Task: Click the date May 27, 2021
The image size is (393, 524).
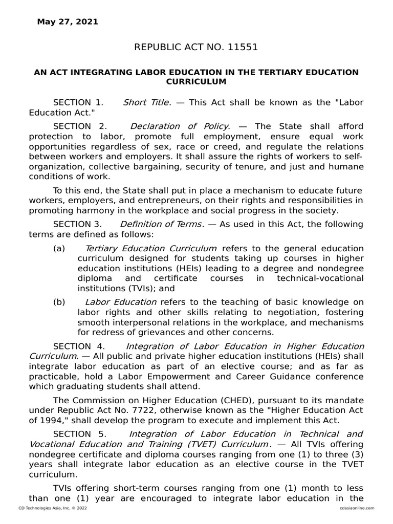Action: pos(68,22)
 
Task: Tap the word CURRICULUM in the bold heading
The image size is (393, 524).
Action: pos(196,81)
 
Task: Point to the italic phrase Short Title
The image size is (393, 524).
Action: pos(145,102)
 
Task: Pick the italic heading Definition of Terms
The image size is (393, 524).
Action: pos(161,224)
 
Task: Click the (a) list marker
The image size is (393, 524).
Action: pos(59,248)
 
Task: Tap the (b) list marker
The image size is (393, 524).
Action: pos(59,302)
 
